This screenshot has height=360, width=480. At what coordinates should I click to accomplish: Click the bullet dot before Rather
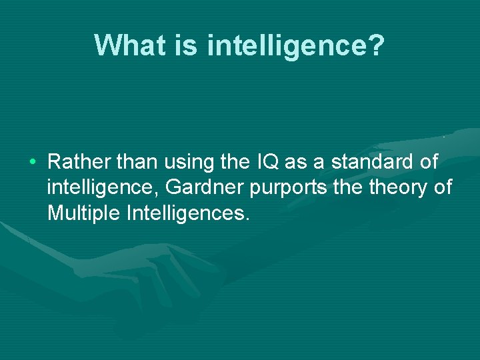tap(32, 162)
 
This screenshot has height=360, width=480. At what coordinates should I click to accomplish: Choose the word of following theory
tap(443, 187)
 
